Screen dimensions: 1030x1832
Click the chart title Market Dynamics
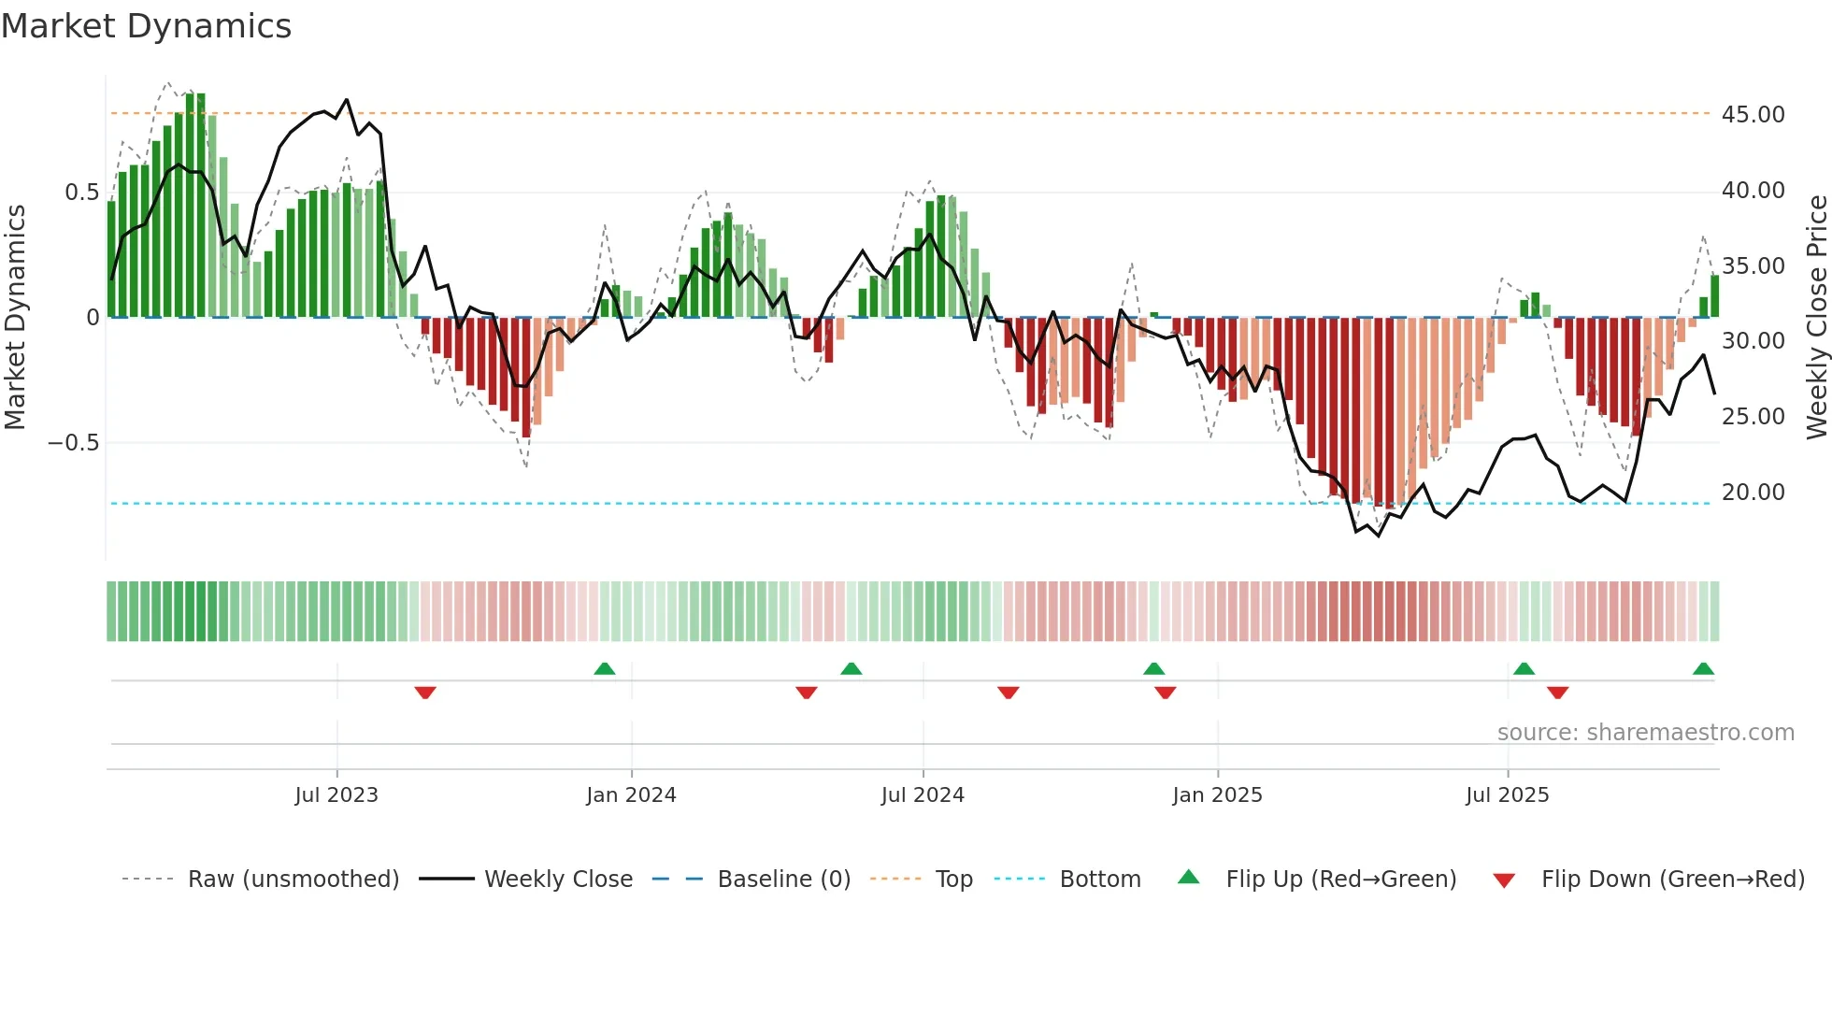147,26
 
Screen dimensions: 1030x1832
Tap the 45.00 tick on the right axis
1753,115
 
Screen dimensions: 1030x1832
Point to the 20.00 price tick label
1753,493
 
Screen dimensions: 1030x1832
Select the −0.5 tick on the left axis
74,443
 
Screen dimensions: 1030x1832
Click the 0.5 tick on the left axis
81,193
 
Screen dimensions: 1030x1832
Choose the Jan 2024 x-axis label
631,795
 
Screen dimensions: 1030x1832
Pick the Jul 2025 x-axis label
1507,795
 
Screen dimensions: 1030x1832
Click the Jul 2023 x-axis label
336,795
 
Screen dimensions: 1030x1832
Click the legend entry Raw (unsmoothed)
293,880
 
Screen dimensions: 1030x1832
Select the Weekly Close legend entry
558,880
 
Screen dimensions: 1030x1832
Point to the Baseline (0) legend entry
783,880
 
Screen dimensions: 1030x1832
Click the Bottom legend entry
1099,880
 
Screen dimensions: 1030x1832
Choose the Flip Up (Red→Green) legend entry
1340,880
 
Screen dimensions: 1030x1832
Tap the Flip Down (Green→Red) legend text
1672,880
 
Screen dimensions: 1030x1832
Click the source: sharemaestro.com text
1645,733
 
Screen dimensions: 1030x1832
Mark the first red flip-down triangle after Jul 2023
425,693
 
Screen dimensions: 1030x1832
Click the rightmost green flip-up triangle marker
1703,668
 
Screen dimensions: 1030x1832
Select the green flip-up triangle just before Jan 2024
605,668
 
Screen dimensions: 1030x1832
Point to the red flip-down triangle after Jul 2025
1557,693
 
